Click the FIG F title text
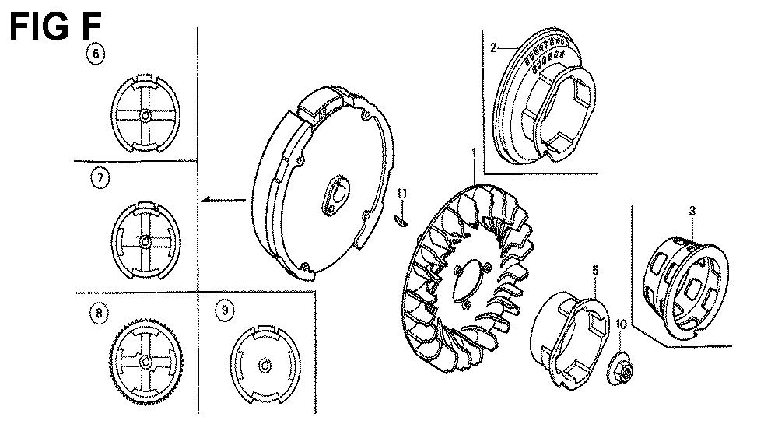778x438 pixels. pos(55,26)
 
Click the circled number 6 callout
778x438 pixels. pos(96,53)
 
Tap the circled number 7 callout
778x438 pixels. pos(100,178)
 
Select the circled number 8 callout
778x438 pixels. pos(100,313)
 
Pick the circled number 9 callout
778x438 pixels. pos(225,310)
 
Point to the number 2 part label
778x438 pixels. pos(493,47)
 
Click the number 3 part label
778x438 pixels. pos(692,211)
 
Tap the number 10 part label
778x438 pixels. pos(621,324)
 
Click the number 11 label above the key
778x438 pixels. pos(402,193)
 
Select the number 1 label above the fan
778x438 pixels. pos(473,152)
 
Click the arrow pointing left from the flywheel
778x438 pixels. pos(224,200)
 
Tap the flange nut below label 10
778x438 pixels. pos(620,367)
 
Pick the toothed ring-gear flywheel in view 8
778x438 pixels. pos(146,362)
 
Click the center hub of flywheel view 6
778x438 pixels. pos(145,116)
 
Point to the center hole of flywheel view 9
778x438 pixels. pos(265,366)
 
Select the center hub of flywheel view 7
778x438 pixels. pos(145,241)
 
